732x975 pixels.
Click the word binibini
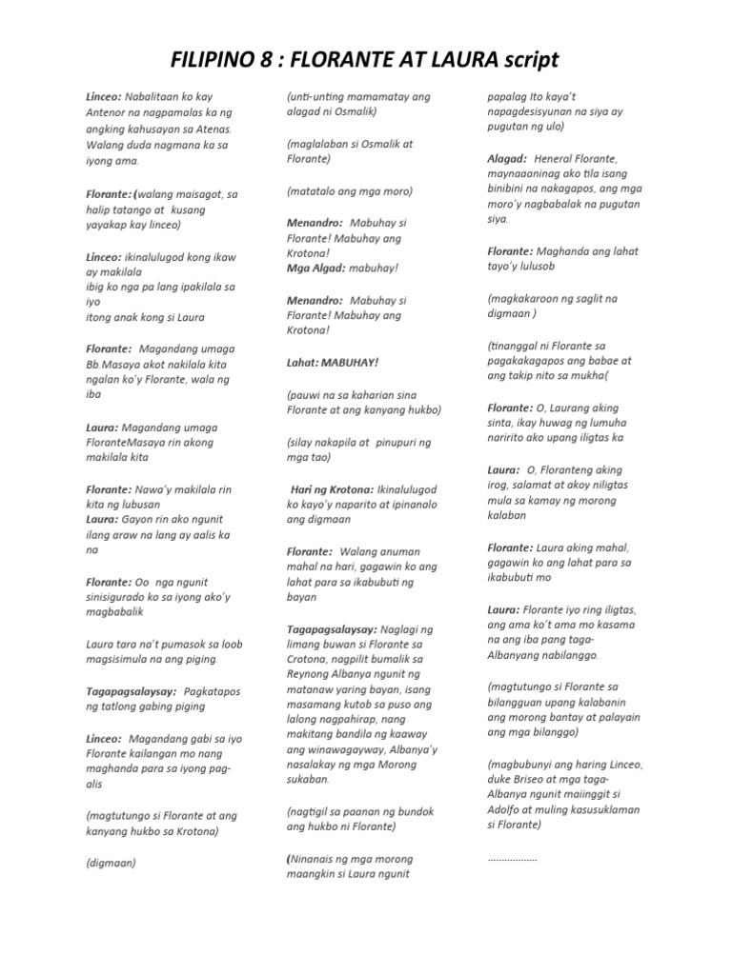tap(513, 189)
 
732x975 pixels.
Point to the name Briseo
tap(527, 778)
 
